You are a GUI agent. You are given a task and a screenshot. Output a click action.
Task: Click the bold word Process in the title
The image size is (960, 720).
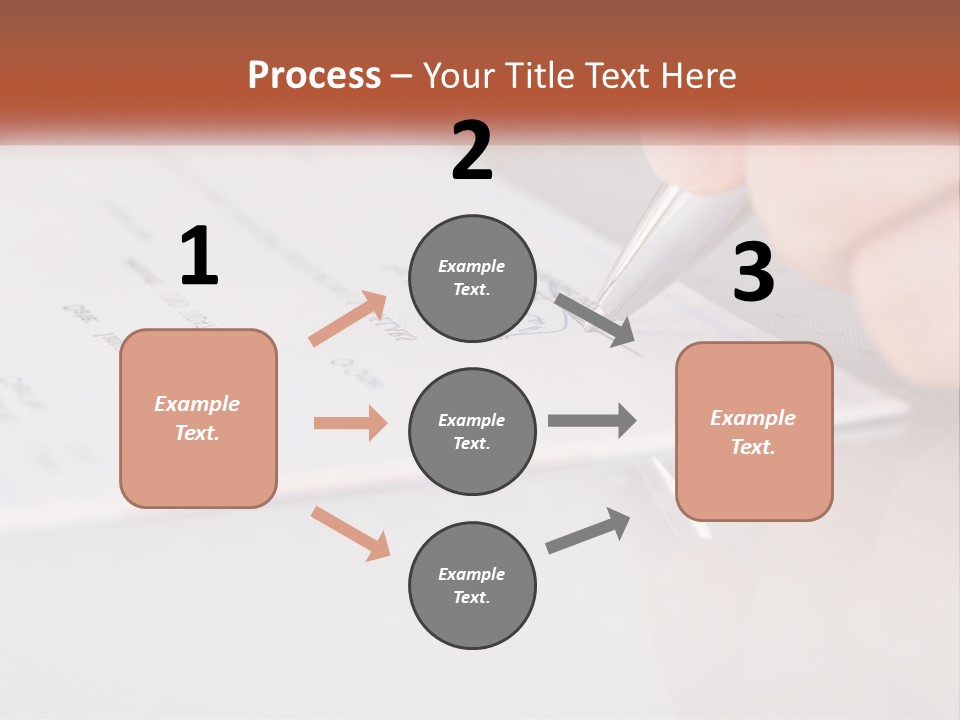[314, 75]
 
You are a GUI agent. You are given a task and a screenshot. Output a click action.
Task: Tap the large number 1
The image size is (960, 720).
[199, 256]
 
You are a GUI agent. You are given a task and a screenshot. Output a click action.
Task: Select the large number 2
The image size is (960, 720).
[472, 151]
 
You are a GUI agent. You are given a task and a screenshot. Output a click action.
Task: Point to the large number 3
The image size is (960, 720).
[753, 273]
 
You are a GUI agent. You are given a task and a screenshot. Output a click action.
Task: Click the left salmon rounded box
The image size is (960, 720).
[198, 418]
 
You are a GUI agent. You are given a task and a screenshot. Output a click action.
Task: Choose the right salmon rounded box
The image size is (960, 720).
[754, 431]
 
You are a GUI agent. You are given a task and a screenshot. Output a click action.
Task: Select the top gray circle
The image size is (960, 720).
[472, 278]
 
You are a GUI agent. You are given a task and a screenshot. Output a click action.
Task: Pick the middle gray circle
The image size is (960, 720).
[472, 431]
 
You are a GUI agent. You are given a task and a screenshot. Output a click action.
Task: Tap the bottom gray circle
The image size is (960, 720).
[472, 585]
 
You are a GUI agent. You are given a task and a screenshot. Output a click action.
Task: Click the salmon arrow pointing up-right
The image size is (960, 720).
[348, 319]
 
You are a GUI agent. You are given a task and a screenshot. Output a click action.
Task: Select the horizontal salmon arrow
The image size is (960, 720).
[350, 423]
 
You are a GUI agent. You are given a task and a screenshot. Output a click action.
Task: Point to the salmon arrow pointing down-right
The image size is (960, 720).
[350, 533]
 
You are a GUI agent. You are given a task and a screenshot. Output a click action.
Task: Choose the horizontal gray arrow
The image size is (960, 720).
[592, 420]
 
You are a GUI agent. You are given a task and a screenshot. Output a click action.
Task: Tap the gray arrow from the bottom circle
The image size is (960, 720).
[588, 531]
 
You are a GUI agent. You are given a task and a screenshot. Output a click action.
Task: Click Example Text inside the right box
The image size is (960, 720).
[753, 432]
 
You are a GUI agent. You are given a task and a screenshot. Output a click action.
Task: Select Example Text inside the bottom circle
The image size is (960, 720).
[471, 585]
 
